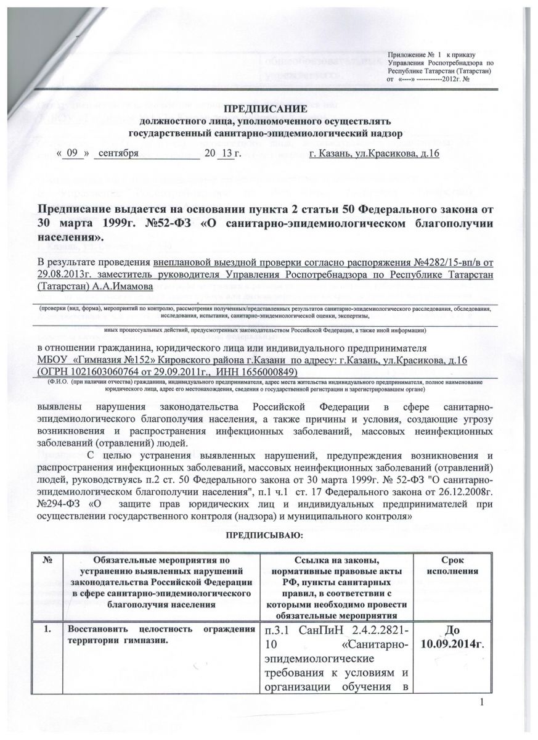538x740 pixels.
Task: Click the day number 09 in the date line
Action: click(74, 153)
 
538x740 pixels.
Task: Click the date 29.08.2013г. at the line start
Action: click(65, 275)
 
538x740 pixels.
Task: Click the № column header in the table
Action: click(48, 560)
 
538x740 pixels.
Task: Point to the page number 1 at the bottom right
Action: click(486, 704)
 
